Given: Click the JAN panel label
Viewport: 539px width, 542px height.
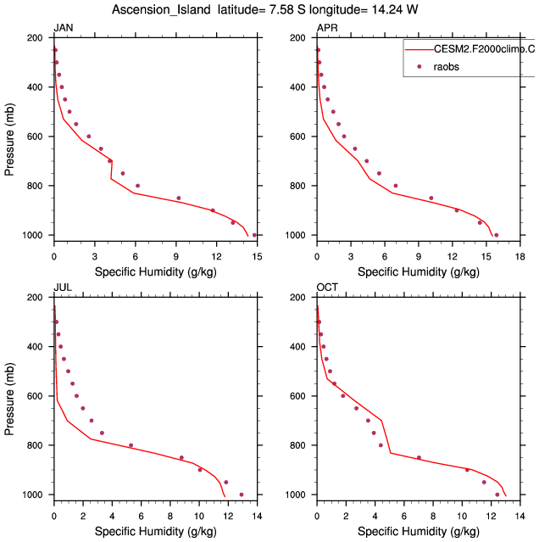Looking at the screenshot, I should click(63, 29).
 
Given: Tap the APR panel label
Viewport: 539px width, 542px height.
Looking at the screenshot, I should click(326, 29).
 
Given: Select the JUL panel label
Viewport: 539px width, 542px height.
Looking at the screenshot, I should click(62, 288).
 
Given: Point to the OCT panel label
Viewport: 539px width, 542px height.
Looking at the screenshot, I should click(327, 288).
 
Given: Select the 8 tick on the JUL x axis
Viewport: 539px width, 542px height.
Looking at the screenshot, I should click(169, 514).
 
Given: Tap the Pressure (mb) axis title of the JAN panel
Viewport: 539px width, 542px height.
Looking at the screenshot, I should click(10, 137).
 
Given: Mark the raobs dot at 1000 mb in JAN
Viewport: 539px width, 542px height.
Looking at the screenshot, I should click(254, 235).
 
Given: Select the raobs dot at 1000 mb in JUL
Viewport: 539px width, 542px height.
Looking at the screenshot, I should click(242, 495).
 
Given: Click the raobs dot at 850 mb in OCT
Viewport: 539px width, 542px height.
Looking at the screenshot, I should click(419, 457).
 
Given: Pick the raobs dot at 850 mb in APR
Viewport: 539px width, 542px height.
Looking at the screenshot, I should click(431, 198).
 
